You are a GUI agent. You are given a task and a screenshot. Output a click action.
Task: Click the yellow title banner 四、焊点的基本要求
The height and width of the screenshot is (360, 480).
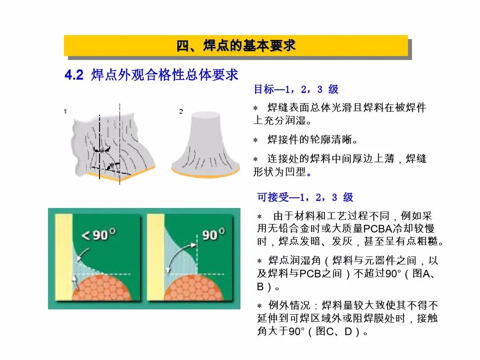(x=236, y=46)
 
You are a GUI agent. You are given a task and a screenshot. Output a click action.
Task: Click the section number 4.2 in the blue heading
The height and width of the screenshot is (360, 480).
(x=74, y=75)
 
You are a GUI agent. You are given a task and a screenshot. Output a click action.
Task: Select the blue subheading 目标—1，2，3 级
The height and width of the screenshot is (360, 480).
(x=296, y=89)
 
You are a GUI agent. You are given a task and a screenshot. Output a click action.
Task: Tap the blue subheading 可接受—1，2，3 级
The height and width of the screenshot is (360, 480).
(x=305, y=197)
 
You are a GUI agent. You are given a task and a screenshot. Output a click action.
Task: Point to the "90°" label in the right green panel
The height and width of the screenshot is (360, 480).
(x=213, y=234)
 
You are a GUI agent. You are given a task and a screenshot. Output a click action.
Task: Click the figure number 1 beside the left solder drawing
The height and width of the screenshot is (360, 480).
(x=65, y=112)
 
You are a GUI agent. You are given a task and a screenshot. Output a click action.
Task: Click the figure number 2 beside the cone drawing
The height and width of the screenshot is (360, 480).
(x=181, y=112)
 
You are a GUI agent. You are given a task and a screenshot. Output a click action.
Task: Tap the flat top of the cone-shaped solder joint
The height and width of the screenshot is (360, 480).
(x=205, y=115)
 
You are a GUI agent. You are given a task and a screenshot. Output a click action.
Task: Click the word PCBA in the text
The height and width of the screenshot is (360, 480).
(x=378, y=229)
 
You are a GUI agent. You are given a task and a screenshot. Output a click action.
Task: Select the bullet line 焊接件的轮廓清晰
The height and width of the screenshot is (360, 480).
(x=312, y=140)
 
